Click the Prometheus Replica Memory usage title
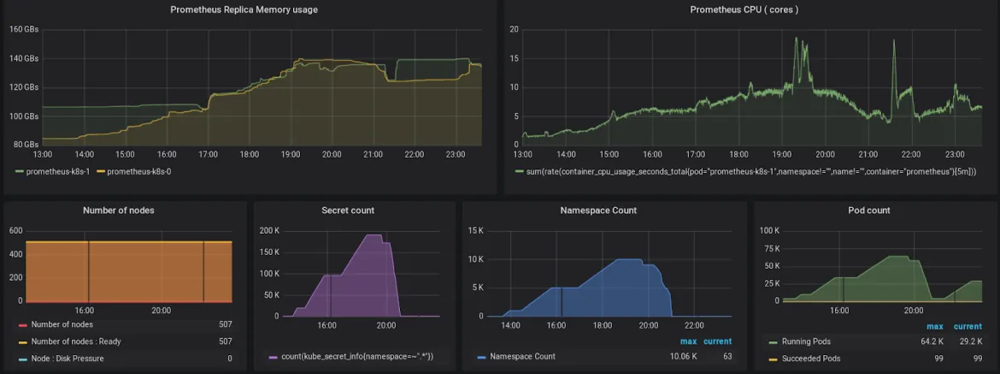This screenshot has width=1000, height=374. coord(244,9)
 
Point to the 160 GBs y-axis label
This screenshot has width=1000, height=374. coord(24,29)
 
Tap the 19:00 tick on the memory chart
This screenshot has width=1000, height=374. coord(291,154)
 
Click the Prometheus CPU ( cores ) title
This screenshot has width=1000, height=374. coord(744,9)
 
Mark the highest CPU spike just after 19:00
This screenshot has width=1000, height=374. coord(796,39)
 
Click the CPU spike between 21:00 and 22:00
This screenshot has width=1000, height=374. coord(893,41)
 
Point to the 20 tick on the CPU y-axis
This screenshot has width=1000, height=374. coord(514,29)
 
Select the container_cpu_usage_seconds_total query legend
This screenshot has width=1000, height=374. coord(745,172)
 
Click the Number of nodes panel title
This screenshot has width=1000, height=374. coord(119,211)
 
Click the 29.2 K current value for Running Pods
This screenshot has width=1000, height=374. coord(969,341)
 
